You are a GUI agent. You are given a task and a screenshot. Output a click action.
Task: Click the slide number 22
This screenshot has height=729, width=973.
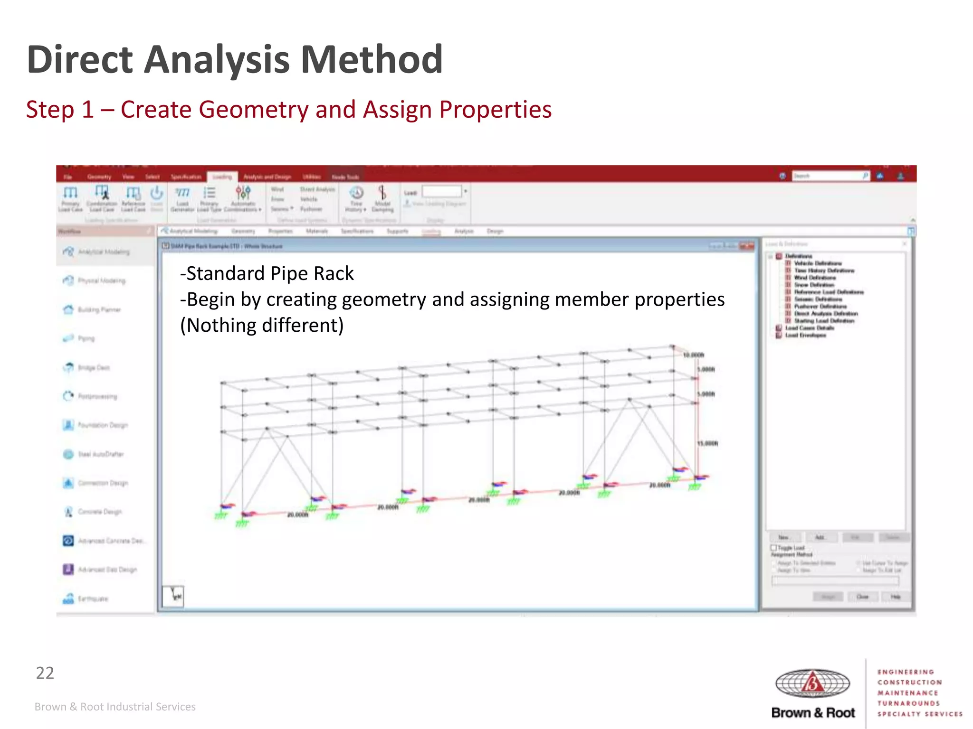click(45, 673)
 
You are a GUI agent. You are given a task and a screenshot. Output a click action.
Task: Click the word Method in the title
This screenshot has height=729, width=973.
click(372, 60)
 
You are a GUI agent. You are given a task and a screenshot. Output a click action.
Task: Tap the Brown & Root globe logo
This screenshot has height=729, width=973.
click(812, 683)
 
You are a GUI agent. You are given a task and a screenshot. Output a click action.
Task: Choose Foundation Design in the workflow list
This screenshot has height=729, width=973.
click(102, 425)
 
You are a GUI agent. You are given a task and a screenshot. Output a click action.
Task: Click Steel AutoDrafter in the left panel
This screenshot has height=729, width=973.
click(100, 454)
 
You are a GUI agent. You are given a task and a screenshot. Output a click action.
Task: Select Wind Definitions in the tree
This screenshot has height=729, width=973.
click(814, 278)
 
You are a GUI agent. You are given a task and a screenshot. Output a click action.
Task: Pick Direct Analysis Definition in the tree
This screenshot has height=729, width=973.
click(826, 314)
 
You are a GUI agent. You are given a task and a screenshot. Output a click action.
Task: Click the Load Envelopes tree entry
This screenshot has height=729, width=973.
click(805, 336)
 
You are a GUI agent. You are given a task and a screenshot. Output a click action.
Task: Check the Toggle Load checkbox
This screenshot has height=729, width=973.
click(773, 548)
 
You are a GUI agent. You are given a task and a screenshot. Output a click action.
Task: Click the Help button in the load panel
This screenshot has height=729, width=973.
click(895, 597)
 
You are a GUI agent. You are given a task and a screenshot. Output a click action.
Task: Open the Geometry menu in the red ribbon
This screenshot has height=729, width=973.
click(99, 177)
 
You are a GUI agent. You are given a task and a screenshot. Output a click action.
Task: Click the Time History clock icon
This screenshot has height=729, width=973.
click(356, 193)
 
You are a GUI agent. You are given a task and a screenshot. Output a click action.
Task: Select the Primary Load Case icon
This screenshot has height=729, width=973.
click(70, 193)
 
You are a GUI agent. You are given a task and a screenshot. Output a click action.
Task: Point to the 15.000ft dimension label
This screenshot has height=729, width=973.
click(707, 444)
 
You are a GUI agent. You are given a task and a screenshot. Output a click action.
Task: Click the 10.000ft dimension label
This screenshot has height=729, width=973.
click(693, 355)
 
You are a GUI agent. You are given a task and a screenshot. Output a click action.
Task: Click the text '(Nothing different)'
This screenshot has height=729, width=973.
click(262, 326)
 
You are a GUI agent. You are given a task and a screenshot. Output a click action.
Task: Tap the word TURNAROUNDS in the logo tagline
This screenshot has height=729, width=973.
click(908, 703)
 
